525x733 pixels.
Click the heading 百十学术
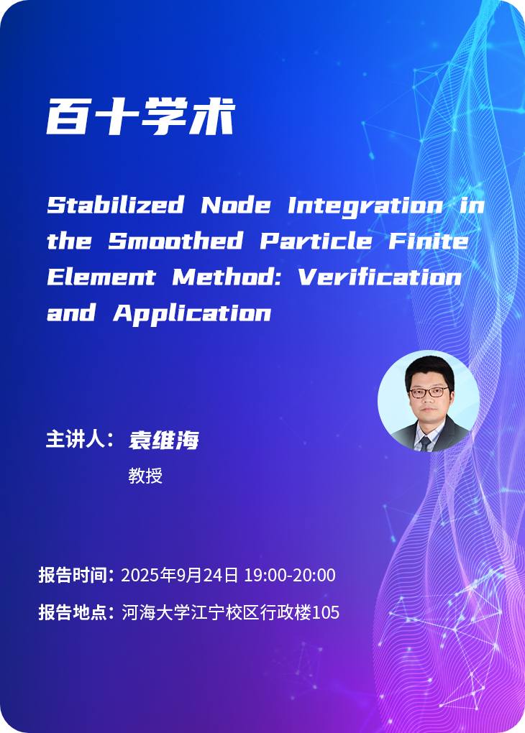tap(140, 116)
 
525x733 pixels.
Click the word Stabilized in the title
tap(115, 206)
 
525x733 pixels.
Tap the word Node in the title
tap(236, 206)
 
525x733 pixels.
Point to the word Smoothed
tap(175, 241)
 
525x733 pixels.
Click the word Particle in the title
tap(316, 241)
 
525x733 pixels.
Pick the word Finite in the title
tap(429, 241)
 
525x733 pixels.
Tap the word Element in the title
tap(101, 277)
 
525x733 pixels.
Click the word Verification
tap(380, 277)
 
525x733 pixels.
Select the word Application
tap(192, 313)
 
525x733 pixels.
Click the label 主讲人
tap(76, 439)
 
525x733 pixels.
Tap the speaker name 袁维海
tap(164, 440)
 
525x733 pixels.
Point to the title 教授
tap(145, 476)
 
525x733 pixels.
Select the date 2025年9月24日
tap(180, 575)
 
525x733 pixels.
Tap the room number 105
tap(326, 612)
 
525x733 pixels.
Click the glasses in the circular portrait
tap(429, 392)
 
